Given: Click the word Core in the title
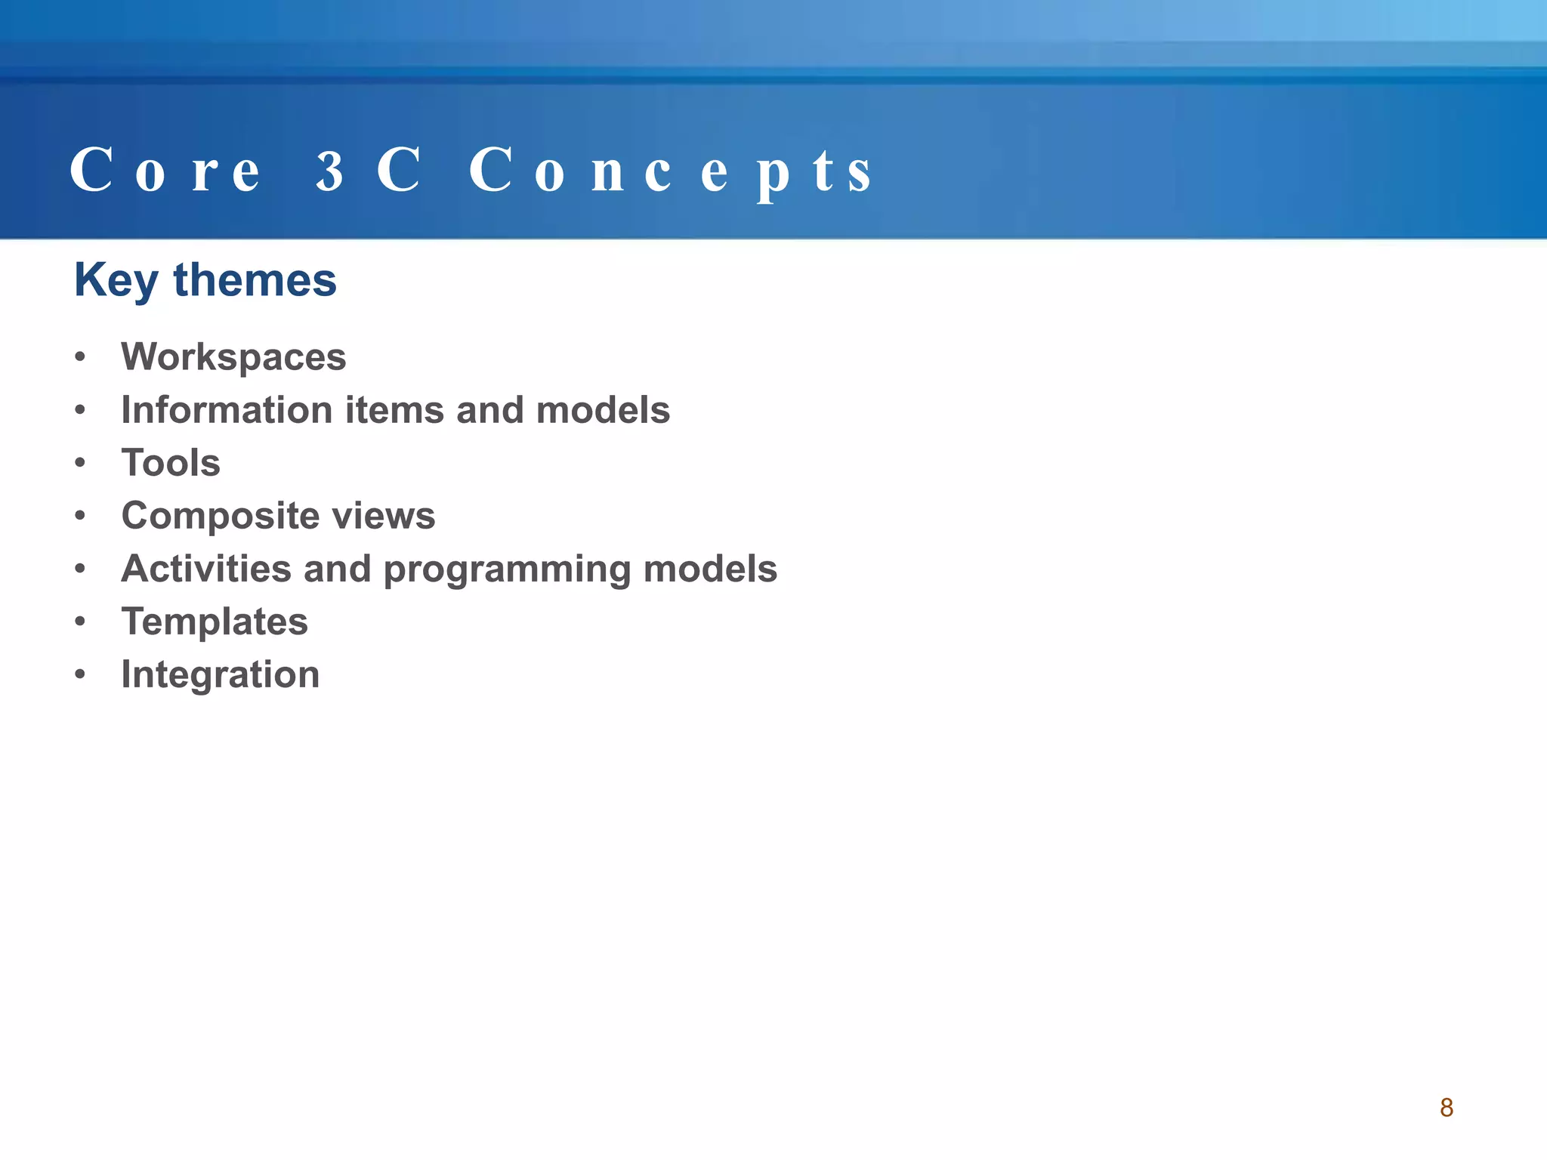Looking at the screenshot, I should coord(165,171).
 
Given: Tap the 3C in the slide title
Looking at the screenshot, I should coord(368,171).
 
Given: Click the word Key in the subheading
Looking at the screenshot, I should coord(116,281).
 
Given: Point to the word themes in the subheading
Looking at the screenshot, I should coord(255,280).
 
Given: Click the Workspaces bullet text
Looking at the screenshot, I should coord(233,357).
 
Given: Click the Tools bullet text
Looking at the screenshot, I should coord(171,463).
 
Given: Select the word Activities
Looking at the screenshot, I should coord(206,569).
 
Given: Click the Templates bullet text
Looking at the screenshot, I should coord(215,622).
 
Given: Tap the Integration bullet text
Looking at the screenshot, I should coord(221,675).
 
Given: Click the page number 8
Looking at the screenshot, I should coord(1446,1108).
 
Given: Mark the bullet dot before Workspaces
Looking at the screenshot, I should coord(81,357).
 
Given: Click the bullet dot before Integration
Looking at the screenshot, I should coord(81,674).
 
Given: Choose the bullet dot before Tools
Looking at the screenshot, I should coord(81,463).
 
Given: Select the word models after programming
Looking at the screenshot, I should coord(710,569).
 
